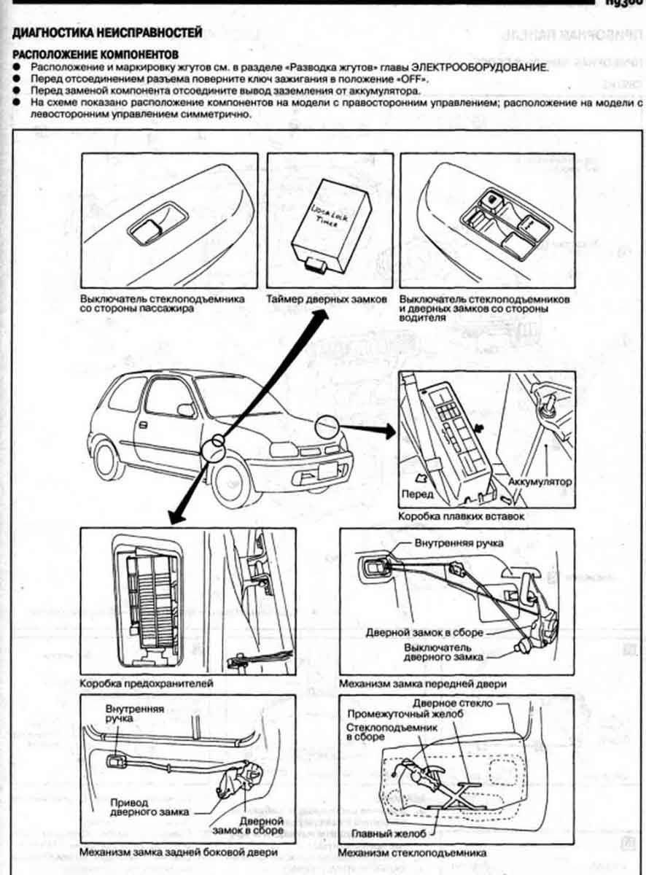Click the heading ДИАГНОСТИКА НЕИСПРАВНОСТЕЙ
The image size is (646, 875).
pos(104,33)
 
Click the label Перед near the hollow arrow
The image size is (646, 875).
pos(417,494)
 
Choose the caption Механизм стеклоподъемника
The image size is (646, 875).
pos(413,852)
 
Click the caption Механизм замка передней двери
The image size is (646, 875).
pos(423,684)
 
